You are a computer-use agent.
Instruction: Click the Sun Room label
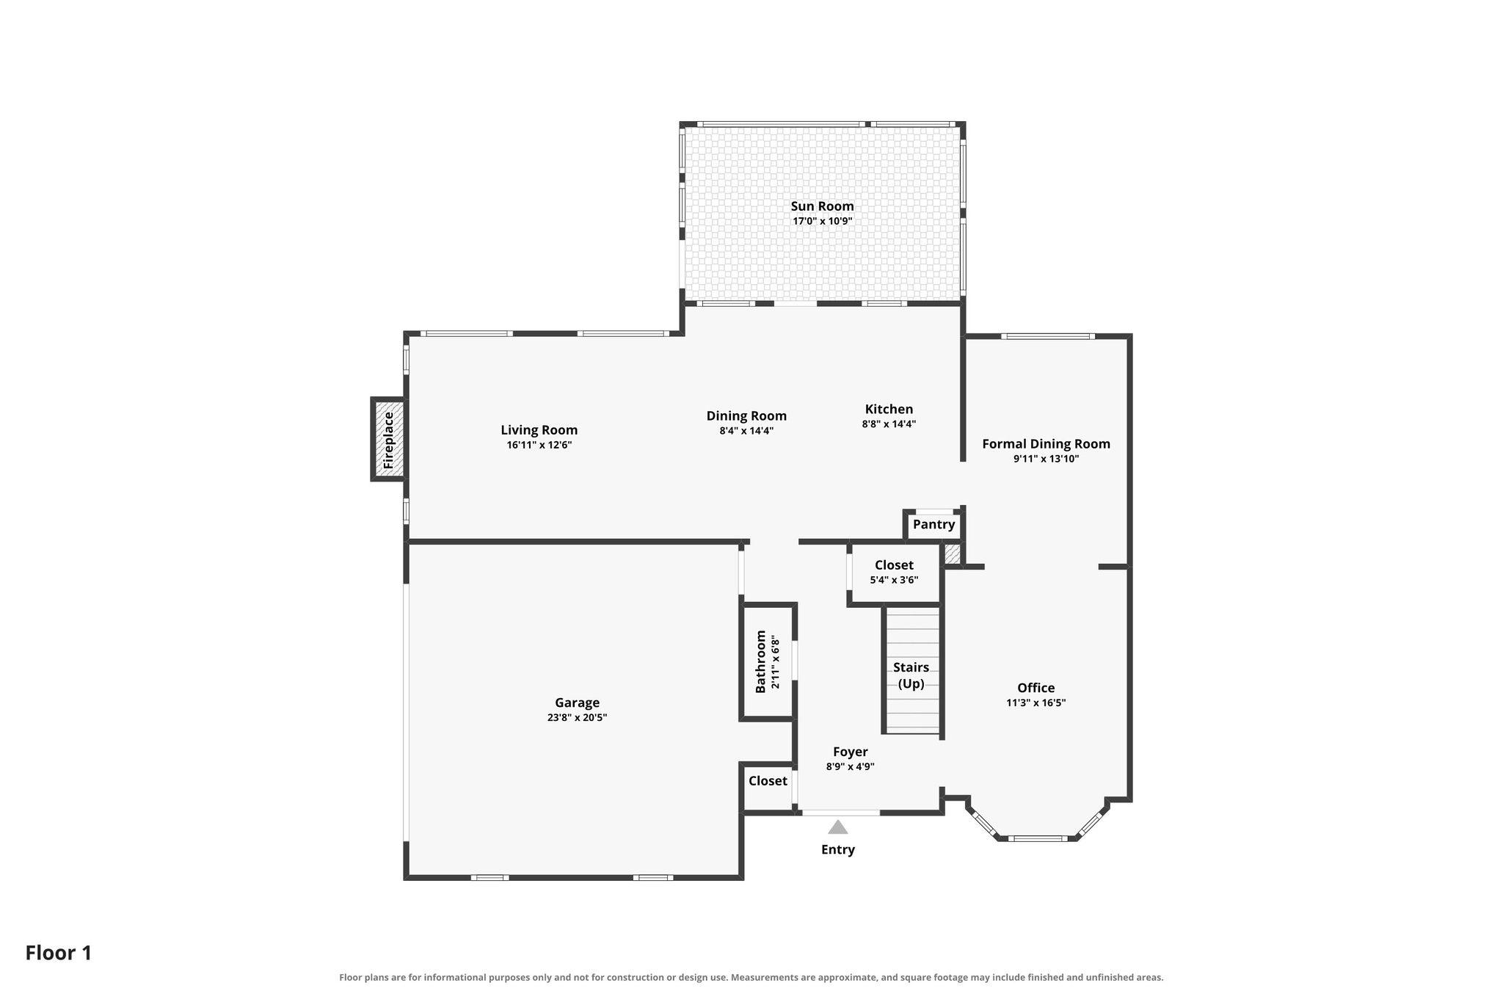pos(822,206)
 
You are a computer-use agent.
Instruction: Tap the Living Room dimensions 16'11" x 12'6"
pos(539,445)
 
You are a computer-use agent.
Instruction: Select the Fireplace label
pos(388,440)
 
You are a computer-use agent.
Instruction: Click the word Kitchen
pos(889,410)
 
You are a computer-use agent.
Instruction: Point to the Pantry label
pos(934,524)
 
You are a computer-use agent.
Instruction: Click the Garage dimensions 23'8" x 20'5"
pos(577,717)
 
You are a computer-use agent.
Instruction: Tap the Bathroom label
pos(760,661)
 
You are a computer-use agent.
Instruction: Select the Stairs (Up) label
pos(911,675)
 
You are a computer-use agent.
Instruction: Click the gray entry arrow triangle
pos(838,827)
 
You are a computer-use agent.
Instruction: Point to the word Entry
pos(838,849)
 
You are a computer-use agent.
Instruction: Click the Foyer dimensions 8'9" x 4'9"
pos(850,766)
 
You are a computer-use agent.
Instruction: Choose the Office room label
pos(1036,688)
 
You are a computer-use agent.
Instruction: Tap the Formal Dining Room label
pos(1046,444)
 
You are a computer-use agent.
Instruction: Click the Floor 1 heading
pos(59,953)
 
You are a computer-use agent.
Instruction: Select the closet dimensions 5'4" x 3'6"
pos(894,580)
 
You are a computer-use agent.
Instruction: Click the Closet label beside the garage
pos(768,781)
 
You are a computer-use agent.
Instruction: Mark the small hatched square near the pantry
pos(953,554)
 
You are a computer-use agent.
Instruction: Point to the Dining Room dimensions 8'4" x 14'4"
pos(746,431)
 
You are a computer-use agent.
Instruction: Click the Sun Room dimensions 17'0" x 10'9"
pos(822,221)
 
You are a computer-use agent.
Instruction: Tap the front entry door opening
pos(840,813)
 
